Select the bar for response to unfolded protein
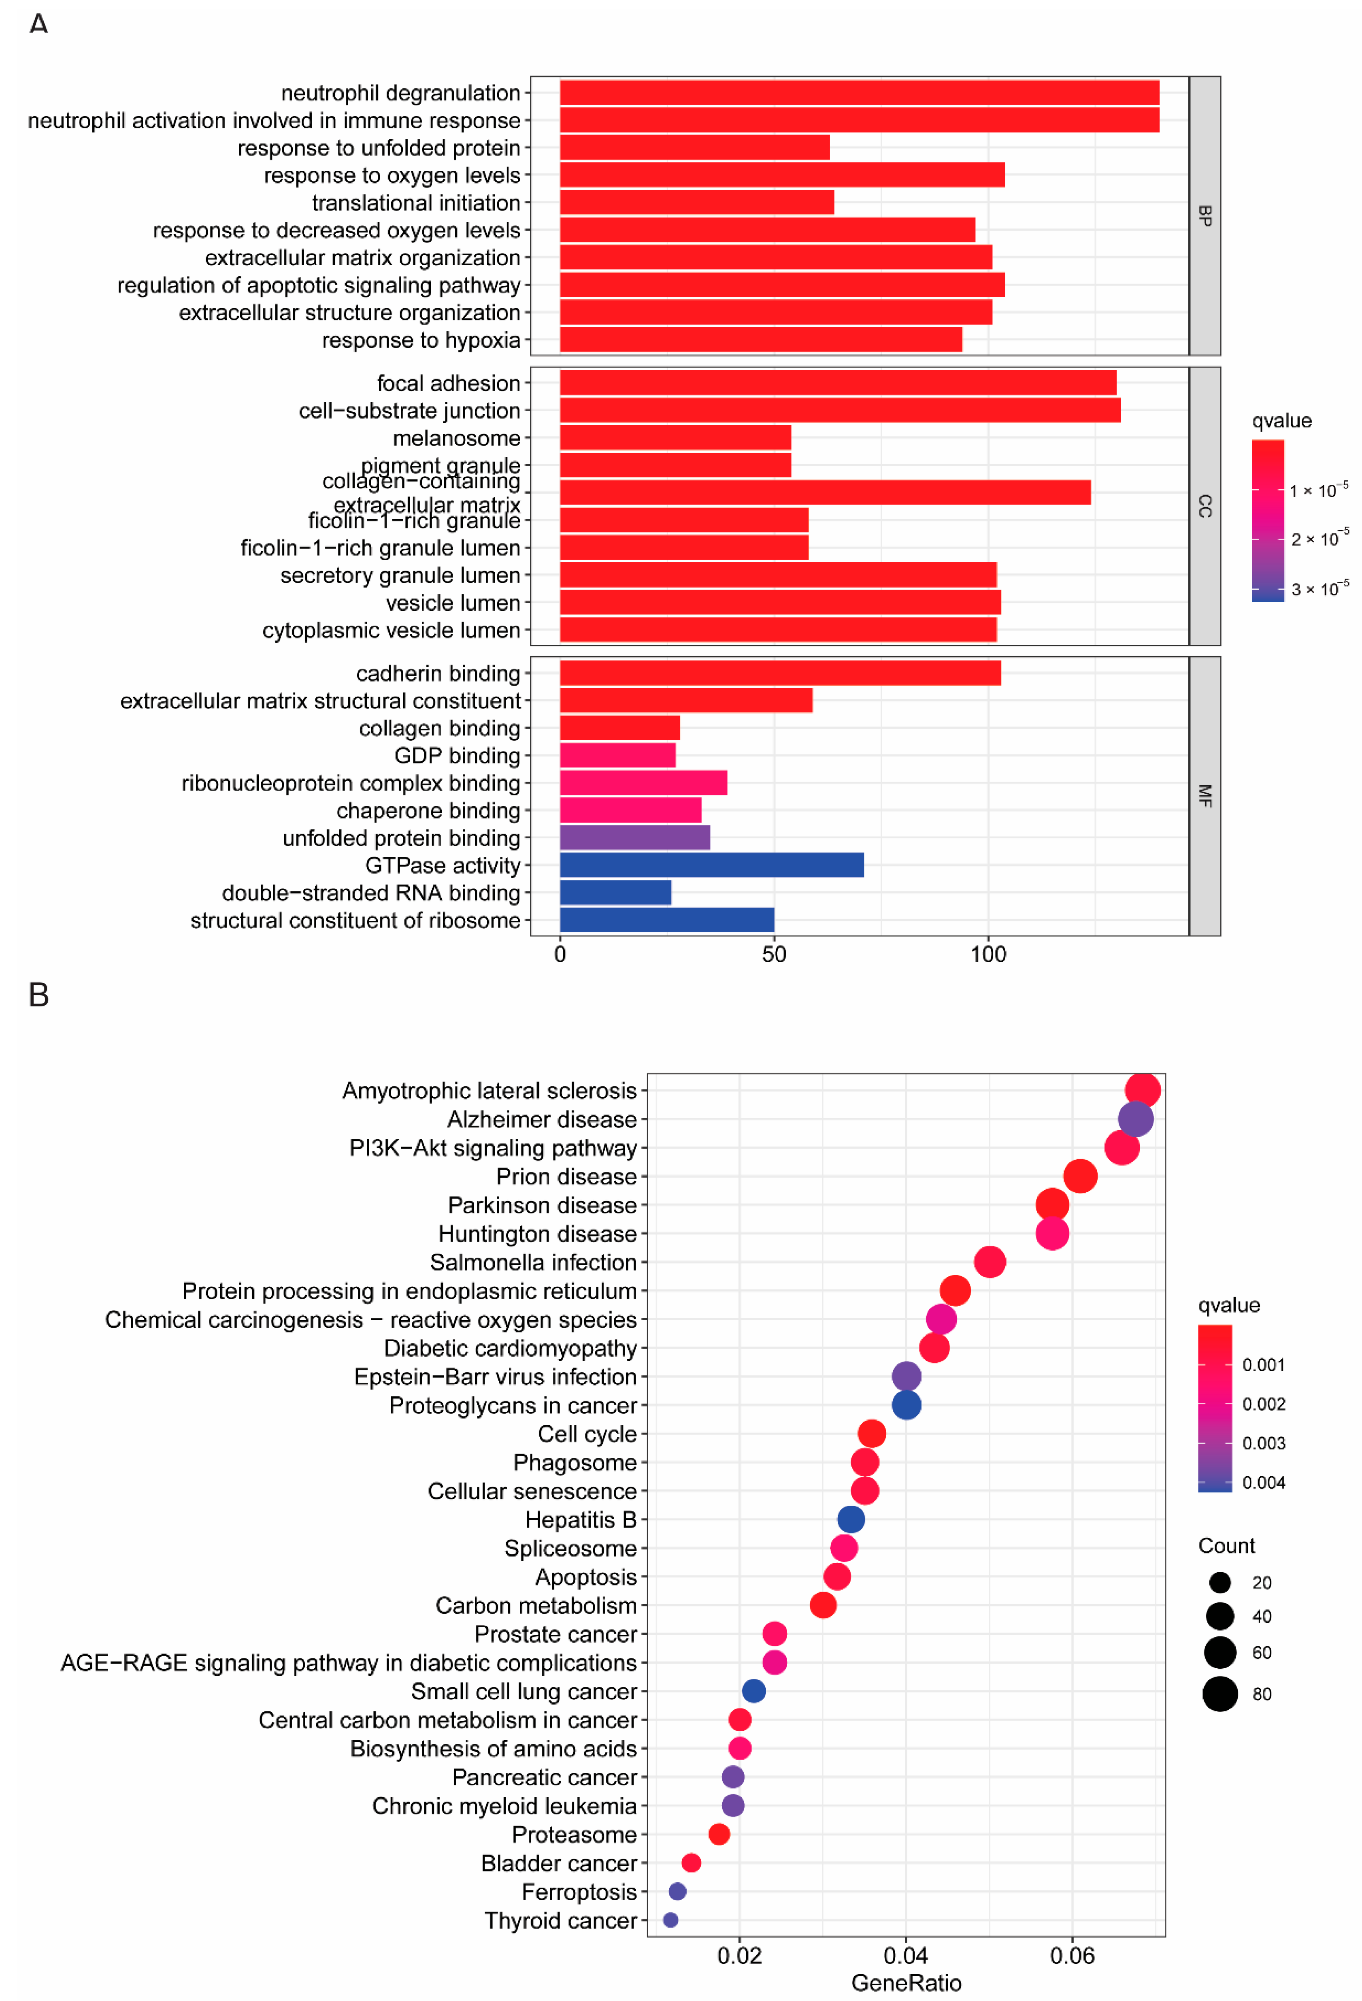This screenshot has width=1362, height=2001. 694,147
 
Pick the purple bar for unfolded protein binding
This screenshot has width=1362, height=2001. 634,837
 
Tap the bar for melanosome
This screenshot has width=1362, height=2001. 675,437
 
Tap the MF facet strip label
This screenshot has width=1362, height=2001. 1205,795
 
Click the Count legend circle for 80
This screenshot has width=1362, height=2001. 1219,1694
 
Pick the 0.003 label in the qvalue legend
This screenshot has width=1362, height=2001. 1263,1443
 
